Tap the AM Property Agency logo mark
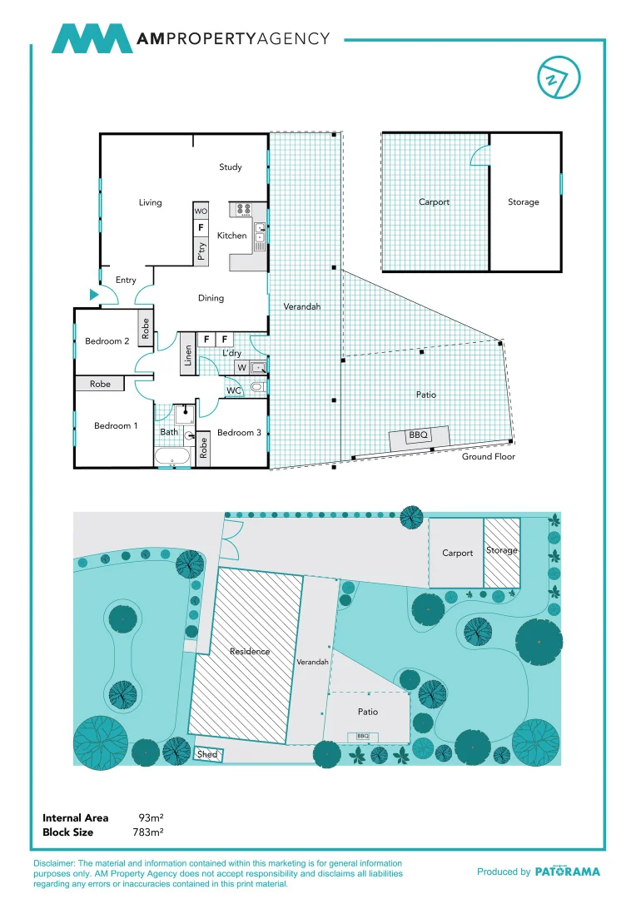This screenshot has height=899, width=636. click(92, 38)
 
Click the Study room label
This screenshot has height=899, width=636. click(231, 167)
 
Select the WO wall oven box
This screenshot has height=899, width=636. click(201, 211)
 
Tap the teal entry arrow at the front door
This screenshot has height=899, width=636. click(94, 293)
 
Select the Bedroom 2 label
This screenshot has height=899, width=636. click(107, 341)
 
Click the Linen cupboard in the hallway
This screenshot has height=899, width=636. click(188, 355)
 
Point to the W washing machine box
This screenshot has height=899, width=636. click(241, 367)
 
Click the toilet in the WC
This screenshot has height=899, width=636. click(258, 387)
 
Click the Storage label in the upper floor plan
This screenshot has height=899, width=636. click(523, 202)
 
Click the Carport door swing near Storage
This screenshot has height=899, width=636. click(480, 154)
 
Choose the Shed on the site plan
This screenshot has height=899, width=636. click(206, 754)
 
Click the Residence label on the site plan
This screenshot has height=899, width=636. click(250, 652)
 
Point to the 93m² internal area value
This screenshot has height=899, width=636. click(151, 818)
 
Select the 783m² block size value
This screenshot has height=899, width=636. click(147, 832)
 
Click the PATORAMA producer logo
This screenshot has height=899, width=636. click(566, 872)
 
